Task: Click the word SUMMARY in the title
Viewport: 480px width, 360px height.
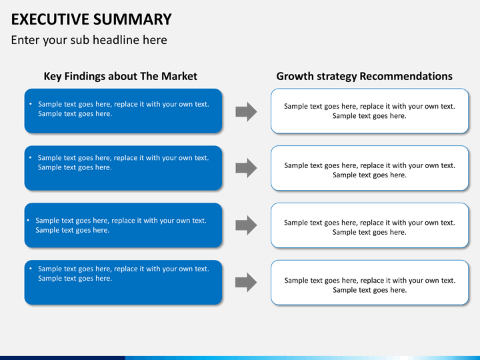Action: (x=132, y=19)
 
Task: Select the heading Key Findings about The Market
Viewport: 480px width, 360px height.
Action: (x=120, y=76)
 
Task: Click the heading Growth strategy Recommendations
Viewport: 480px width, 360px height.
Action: (x=364, y=76)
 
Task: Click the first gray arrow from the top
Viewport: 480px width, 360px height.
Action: (x=246, y=112)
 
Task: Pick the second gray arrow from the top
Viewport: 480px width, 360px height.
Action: (x=246, y=168)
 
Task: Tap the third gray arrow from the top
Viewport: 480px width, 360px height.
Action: (x=246, y=225)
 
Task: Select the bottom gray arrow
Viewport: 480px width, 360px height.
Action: (x=246, y=282)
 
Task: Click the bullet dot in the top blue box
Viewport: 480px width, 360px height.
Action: (x=31, y=104)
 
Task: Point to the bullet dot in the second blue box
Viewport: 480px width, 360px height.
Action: (x=30, y=157)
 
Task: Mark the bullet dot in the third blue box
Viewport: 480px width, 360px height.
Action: (x=28, y=220)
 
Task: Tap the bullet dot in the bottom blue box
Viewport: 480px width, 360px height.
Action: (x=31, y=269)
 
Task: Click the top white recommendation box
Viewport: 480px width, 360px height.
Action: (x=369, y=111)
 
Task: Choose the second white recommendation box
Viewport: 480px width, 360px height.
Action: (x=369, y=168)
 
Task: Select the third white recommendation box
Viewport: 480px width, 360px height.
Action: (x=369, y=225)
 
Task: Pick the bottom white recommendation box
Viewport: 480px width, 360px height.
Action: (x=369, y=282)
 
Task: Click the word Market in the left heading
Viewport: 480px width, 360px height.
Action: (x=179, y=76)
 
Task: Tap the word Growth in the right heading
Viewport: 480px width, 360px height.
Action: (x=295, y=76)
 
